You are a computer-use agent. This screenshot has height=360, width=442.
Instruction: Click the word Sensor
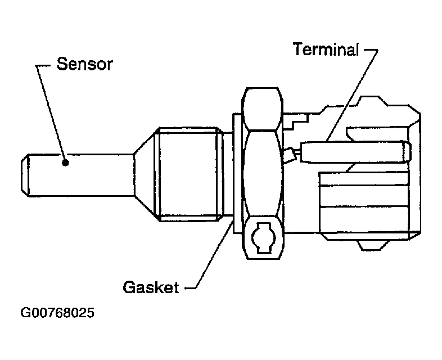tap(84, 64)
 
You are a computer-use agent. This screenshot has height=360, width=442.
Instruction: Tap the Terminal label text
tap(326, 49)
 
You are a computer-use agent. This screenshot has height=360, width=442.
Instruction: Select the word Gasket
tap(151, 287)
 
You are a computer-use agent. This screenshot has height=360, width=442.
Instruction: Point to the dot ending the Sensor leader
tap(66, 163)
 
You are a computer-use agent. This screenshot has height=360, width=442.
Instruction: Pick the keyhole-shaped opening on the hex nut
tap(261, 238)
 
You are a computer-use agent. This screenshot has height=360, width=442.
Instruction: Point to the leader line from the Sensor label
tap(52, 112)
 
